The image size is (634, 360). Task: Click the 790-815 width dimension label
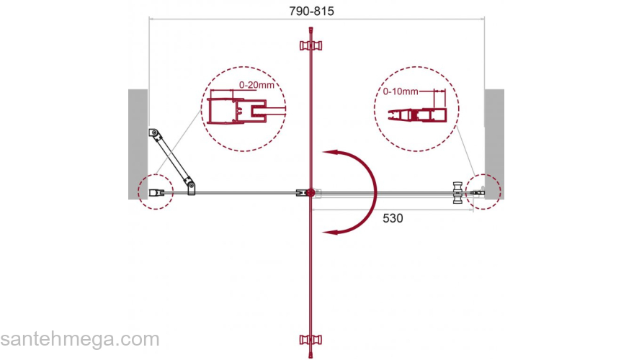[x=311, y=11]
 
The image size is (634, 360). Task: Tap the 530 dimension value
[x=393, y=218]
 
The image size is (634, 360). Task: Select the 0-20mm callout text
[x=256, y=85]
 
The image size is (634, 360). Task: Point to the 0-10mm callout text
[x=401, y=91]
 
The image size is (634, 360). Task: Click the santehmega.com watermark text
[x=80, y=339]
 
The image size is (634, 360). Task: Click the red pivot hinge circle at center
[x=310, y=193]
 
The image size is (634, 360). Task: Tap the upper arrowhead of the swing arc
[x=329, y=153]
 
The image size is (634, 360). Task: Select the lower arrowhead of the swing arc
[x=329, y=232]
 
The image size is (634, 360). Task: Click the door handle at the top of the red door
[x=311, y=45]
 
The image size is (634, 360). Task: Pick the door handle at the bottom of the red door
[x=311, y=340]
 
